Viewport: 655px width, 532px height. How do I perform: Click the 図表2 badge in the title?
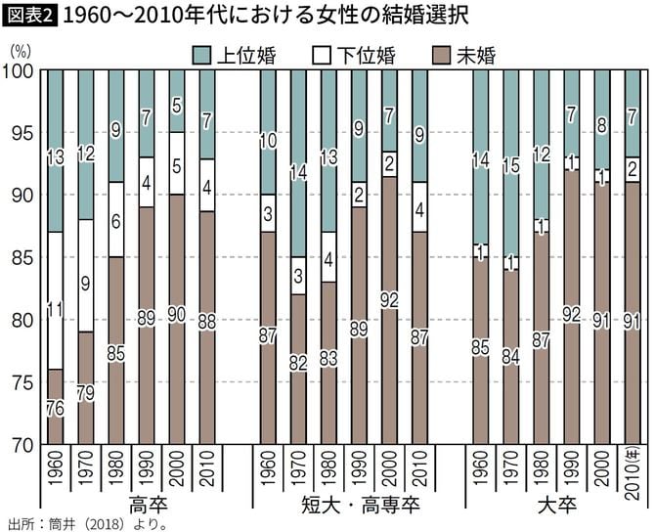28,15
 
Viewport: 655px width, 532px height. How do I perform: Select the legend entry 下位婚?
351,55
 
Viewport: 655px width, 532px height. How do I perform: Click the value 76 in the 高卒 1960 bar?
55,408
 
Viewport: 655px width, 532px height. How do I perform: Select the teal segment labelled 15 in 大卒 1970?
511,165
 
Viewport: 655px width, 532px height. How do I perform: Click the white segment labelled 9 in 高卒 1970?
85,286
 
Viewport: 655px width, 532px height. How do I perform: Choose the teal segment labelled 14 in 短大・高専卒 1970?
297,176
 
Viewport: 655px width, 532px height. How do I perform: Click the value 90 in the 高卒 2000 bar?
176,316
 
